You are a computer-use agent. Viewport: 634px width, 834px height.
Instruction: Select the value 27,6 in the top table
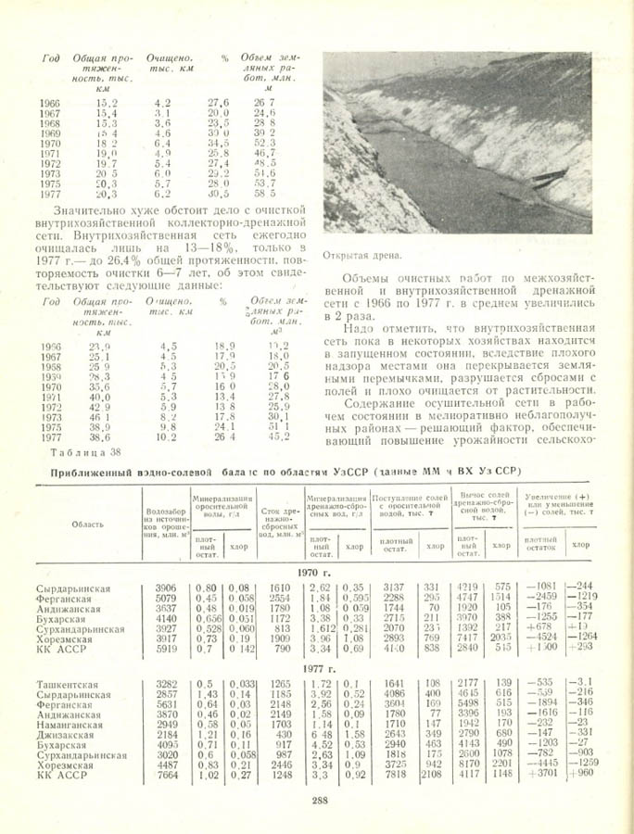click(x=218, y=102)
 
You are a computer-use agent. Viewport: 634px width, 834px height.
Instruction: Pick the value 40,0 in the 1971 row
click(x=100, y=397)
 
